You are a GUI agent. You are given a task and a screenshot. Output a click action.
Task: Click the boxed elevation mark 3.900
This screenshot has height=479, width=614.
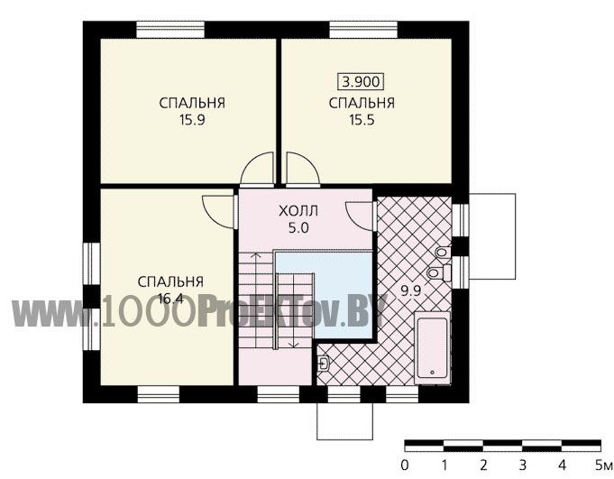coord(361,82)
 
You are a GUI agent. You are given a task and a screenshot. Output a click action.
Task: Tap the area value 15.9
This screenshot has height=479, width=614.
coord(192,120)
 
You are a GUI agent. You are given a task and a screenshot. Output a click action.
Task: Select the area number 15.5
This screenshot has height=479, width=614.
coord(362,120)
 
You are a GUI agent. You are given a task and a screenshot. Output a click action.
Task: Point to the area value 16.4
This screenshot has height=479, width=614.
coord(170,299)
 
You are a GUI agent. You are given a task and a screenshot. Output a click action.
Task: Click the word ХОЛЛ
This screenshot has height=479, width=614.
coord(298,211)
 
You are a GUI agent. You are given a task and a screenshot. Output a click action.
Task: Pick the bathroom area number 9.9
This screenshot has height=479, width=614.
coord(410,290)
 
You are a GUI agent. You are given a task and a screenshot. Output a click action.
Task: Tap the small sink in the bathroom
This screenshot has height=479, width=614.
coord(323,363)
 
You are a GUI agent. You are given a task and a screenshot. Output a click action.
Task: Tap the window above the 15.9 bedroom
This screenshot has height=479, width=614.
coord(170,30)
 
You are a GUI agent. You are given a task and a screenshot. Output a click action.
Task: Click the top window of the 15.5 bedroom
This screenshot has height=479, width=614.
coord(363,30)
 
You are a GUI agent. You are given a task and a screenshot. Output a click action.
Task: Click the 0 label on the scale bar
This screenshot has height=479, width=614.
coord(405,465)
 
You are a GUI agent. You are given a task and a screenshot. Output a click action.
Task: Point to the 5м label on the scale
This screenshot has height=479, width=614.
coord(603,465)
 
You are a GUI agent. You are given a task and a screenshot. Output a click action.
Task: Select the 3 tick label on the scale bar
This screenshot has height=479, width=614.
coord(523,465)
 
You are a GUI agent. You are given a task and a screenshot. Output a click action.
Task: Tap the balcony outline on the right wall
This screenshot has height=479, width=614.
coord(516,236)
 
